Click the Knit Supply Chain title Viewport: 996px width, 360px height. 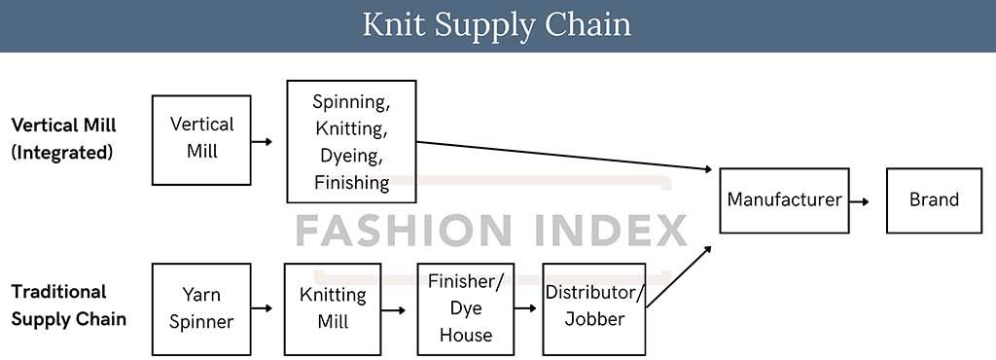click(497, 25)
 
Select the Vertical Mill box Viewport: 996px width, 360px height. click(201, 139)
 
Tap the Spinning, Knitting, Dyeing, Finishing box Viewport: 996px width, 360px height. click(351, 141)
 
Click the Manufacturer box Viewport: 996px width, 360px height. click(784, 200)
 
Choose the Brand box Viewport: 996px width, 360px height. click(934, 200)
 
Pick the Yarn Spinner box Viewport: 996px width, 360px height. click(201, 307)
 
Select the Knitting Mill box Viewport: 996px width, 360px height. click(332, 307)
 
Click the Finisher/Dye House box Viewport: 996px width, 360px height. click(466, 307)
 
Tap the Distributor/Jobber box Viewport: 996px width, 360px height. click(593, 307)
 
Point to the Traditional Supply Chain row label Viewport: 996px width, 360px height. click(68, 305)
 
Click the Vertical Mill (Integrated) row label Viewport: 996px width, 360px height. click(63, 139)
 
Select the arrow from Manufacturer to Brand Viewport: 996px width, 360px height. click(859, 200)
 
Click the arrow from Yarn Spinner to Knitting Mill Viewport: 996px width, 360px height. click(262, 307)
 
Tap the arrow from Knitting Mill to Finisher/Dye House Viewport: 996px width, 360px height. click(393, 310)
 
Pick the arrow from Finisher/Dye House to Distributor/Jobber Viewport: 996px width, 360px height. click(526, 307)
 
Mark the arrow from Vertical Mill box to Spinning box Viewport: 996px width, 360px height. click(262, 142)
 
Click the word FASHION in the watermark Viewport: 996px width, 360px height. click(388, 232)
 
